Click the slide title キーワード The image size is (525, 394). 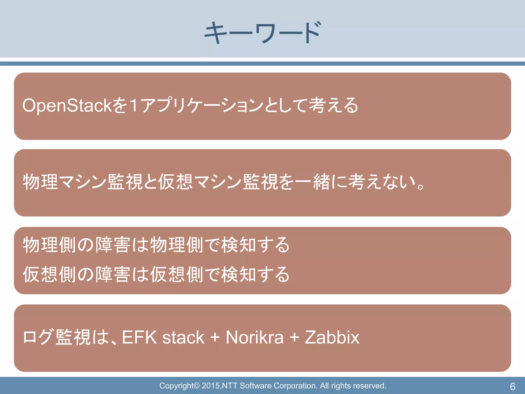(x=262, y=33)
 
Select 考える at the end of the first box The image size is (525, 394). (x=333, y=105)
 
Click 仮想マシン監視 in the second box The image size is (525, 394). (x=218, y=182)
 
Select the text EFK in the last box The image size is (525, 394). (x=139, y=337)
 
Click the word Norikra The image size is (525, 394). (x=255, y=337)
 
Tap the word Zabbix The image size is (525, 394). (x=332, y=337)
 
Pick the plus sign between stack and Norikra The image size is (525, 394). (x=215, y=337)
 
